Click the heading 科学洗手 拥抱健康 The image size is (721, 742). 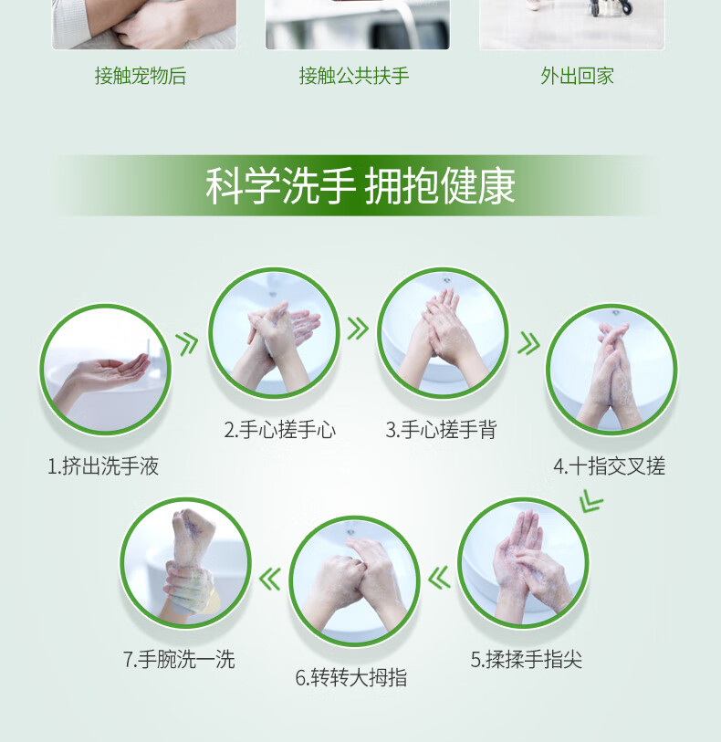[360, 185]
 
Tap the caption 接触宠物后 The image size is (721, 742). [141, 76]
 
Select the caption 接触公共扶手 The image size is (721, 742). [354, 76]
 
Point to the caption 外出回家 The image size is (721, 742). [577, 76]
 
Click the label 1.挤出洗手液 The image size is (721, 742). [103, 466]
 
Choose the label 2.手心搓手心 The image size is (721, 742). [280, 430]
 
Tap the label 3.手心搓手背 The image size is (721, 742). [442, 430]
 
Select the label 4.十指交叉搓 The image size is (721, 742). [610, 466]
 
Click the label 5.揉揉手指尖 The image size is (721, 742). [526, 659]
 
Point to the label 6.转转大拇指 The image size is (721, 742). [351, 677]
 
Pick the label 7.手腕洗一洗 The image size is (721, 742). [179, 659]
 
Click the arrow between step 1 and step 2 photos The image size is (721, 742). [187, 344]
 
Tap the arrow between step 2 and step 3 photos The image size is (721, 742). [358, 329]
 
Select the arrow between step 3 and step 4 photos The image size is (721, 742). [528, 343]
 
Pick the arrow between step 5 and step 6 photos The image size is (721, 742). [439, 579]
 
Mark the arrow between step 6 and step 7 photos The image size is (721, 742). [270, 580]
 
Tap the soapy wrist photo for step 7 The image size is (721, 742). [185, 562]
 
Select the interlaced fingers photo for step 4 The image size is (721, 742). [611, 370]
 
